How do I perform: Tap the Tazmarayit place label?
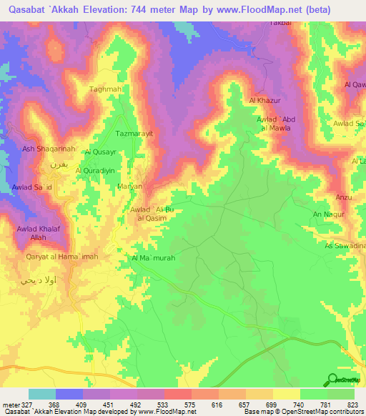[x=136, y=134]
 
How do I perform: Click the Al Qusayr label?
[x=100, y=152]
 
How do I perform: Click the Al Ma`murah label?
[x=153, y=258]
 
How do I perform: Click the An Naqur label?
[x=329, y=214]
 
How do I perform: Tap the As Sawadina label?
[x=345, y=246]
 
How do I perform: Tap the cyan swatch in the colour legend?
[x=42, y=394]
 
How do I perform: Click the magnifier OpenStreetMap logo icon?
[x=332, y=380]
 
